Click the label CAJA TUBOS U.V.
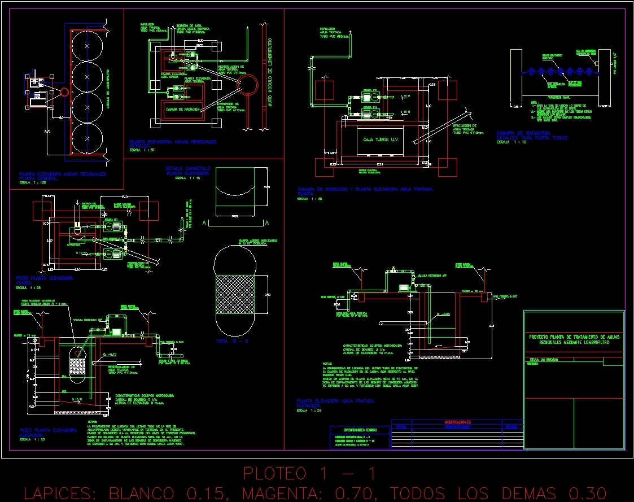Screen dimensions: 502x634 pyautogui.click(x=382, y=139)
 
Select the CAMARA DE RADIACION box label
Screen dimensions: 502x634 pyautogui.click(x=182, y=109)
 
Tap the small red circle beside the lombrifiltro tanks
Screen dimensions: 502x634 pyautogui.click(x=64, y=91)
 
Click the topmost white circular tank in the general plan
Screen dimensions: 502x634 pyautogui.click(x=88, y=45)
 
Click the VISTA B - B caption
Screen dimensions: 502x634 pyautogui.click(x=228, y=341)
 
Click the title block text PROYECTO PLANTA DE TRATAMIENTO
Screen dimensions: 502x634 pyautogui.click(x=574, y=339)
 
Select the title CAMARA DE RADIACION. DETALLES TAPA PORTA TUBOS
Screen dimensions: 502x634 pyautogui.click(x=532, y=136)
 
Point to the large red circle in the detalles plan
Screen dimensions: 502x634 pyautogui.click(x=247, y=86)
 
